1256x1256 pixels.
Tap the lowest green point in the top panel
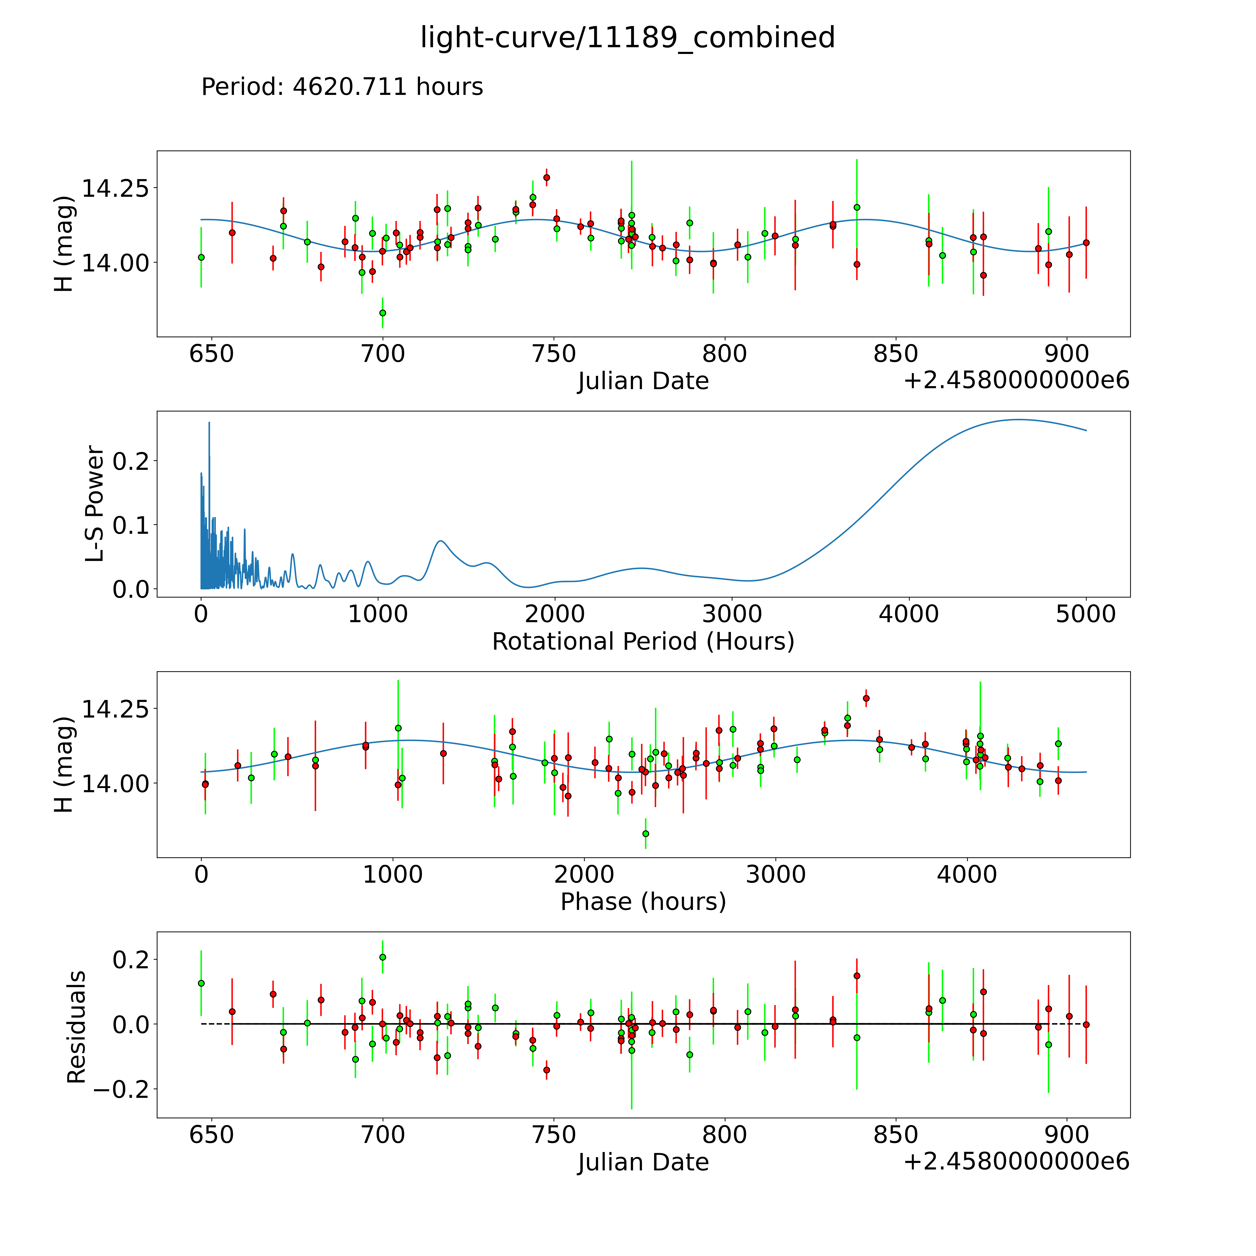point(382,313)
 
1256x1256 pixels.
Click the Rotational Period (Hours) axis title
point(643,642)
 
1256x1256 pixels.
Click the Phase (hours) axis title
point(643,902)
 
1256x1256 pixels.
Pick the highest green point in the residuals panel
point(382,957)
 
